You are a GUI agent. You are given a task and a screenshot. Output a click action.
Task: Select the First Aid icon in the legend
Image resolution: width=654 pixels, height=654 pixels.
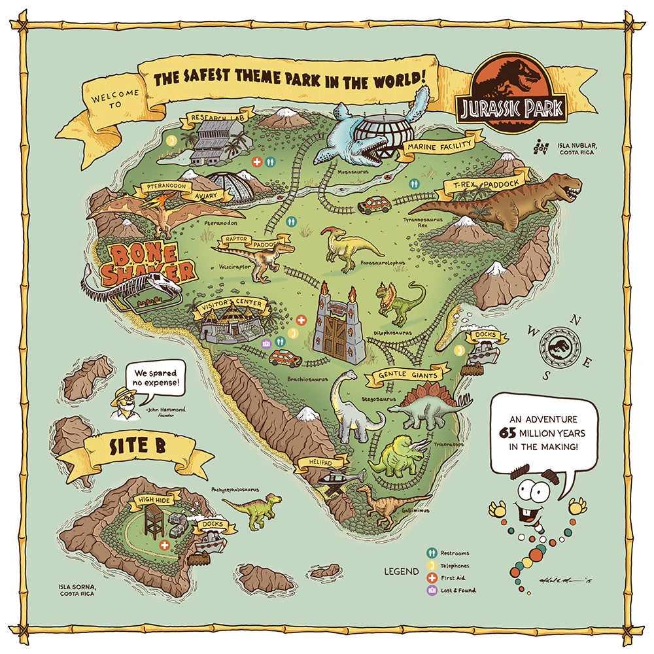(432, 578)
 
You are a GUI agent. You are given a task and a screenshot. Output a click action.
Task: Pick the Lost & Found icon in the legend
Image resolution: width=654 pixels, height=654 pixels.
(432, 591)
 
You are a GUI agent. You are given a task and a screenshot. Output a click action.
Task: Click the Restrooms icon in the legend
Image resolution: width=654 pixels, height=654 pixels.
(432, 553)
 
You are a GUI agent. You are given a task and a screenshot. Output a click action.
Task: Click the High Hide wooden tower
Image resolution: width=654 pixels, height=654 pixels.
(154, 520)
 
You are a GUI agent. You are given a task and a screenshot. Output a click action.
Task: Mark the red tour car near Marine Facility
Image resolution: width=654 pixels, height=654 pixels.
(375, 205)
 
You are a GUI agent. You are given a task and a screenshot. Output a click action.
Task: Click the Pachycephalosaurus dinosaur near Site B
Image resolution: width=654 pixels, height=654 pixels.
(256, 509)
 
